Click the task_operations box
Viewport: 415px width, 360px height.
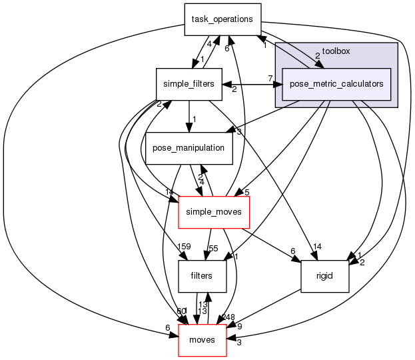point(222,19)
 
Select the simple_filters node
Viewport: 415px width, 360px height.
point(189,84)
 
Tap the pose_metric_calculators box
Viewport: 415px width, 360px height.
point(336,84)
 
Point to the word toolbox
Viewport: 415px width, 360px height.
point(336,51)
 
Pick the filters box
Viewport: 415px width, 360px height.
point(202,275)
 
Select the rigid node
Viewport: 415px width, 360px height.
point(325,275)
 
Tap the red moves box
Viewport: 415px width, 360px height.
point(203,340)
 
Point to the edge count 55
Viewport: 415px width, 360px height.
point(214,248)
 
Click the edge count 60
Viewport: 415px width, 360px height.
point(181,312)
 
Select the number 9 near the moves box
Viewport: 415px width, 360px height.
point(239,327)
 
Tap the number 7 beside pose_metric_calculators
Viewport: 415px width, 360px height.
point(270,79)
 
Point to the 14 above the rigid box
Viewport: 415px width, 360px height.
point(317,247)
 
